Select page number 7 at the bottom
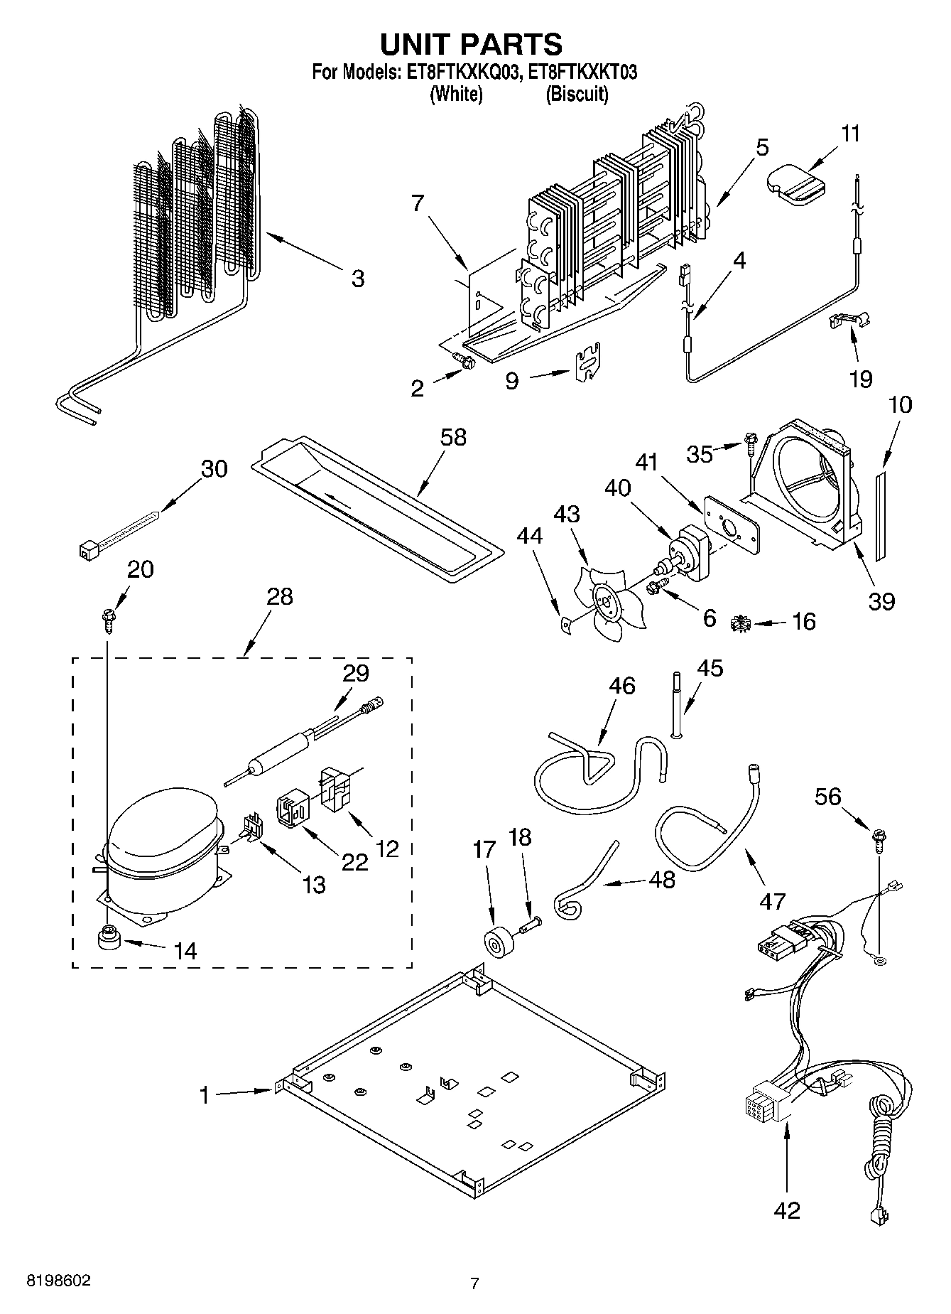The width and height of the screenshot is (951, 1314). (x=474, y=1283)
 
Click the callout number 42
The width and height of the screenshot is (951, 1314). (x=786, y=1210)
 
